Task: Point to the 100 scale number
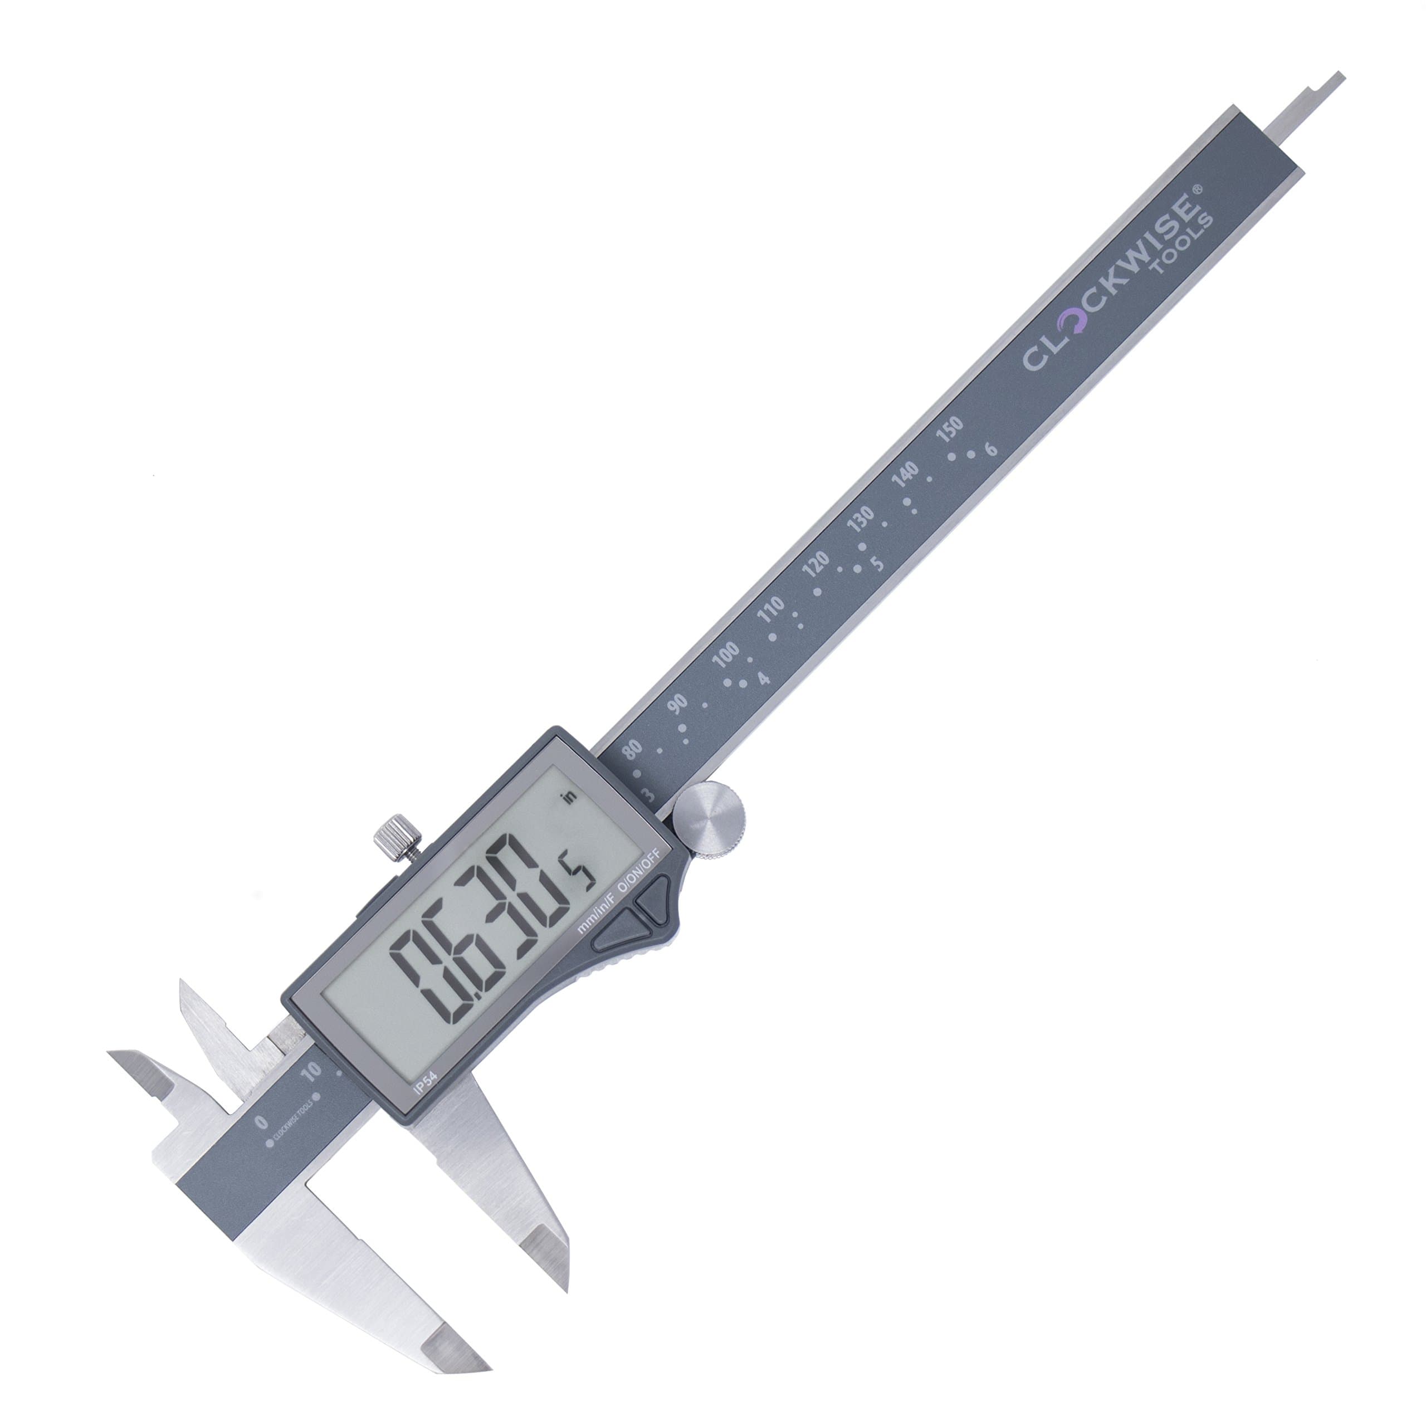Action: pyautogui.click(x=726, y=655)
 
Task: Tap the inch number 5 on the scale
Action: pyautogui.click(x=877, y=563)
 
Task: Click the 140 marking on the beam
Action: pyautogui.click(x=906, y=475)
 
